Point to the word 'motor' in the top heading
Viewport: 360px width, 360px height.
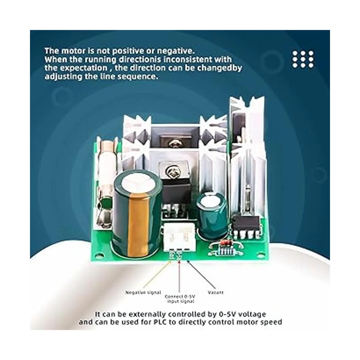tap(74, 51)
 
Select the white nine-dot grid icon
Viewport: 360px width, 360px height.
tap(303, 59)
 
